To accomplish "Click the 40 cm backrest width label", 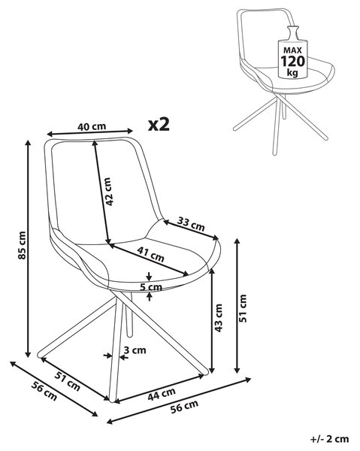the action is click(x=92, y=126).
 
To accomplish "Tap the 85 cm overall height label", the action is click(x=22, y=245).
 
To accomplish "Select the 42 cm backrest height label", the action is click(x=108, y=192).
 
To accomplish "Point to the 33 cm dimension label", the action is click(x=191, y=224).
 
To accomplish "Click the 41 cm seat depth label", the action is click(x=150, y=254).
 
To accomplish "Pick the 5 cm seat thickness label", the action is click(x=151, y=287).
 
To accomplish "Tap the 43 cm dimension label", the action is click(x=219, y=318).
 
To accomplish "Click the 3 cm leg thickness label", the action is click(x=135, y=350).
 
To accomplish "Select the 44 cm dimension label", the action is click(x=162, y=394).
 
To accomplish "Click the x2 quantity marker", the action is click(x=159, y=125).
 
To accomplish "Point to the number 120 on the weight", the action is click(x=292, y=62).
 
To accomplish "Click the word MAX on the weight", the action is click(x=292, y=50).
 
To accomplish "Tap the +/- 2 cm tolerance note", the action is click(x=329, y=439).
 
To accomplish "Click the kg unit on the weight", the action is click(x=292, y=72).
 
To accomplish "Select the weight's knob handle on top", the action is click(x=293, y=32).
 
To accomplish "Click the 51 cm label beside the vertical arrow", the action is click(x=243, y=308).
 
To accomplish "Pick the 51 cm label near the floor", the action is click(x=68, y=382).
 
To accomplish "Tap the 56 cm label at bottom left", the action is click(x=44, y=392).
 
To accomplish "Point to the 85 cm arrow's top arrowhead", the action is click(x=28, y=143).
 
